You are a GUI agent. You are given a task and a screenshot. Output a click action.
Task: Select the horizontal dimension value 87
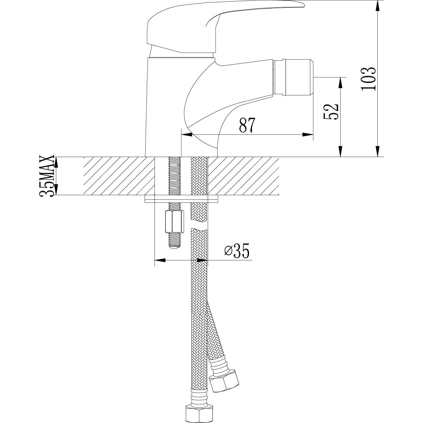247,125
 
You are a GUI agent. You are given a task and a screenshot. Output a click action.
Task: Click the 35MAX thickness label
48,177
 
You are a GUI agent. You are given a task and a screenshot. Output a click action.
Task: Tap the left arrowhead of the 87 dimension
187,135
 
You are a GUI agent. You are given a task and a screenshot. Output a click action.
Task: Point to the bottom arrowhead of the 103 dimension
378,152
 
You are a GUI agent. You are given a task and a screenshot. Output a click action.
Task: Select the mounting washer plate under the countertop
182,199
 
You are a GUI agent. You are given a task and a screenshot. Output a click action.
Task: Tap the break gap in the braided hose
199,225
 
